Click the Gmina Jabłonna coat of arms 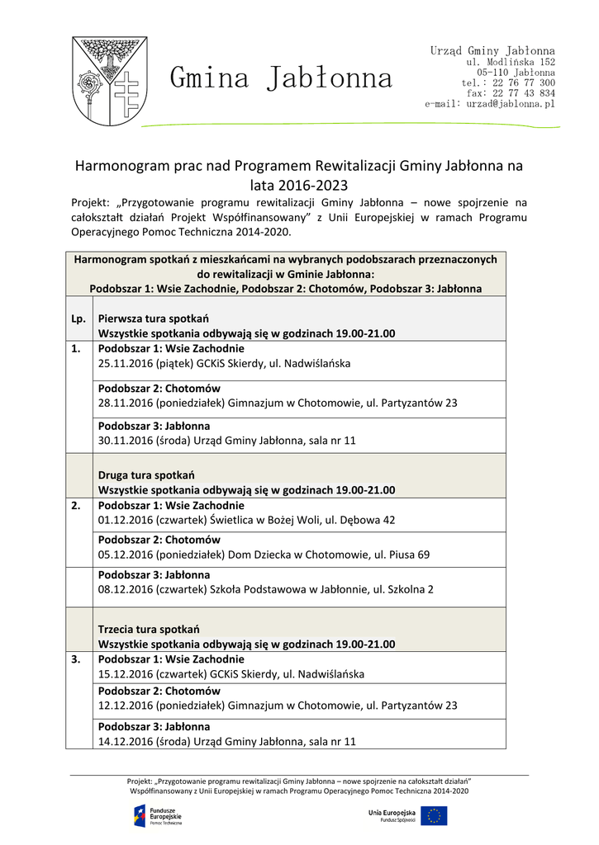pos(109,79)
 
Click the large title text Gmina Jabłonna pos(281,78)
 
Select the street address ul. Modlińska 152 pos(511,62)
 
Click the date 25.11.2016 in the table pos(125,363)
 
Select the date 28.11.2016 pos(125,403)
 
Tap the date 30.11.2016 pos(125,441)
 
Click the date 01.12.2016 pos(125,520)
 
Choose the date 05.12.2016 pos(125,555)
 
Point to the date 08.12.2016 pos(125,589)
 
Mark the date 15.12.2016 pos(125,674)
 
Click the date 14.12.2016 pos(125,742)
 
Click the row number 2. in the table pos(77,506)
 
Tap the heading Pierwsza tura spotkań pos(153,319)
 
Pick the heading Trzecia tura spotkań pos(149,629)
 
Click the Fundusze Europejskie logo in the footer pos(159,815)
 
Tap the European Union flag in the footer pos(433,815)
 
